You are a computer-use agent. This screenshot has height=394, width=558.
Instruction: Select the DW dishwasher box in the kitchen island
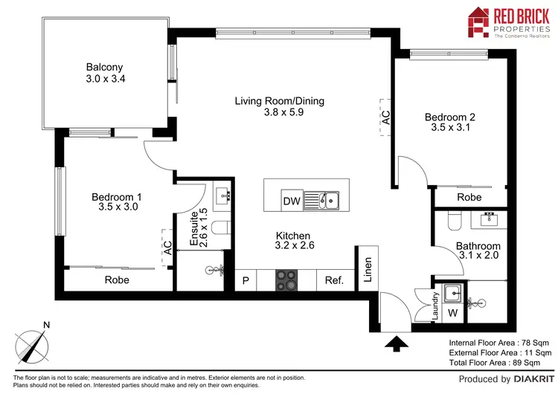tap(290, 201)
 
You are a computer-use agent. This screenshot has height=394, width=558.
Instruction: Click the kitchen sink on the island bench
tap(328, 200)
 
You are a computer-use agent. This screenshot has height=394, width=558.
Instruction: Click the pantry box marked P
tap(246, 281)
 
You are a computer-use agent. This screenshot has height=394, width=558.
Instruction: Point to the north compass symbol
tap(33, 344)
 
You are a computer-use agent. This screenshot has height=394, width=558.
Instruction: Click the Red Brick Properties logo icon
tap(476, 22)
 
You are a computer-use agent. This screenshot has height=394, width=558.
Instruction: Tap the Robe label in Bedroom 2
tap(469, 198)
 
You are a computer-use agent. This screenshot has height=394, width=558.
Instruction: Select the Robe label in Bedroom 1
tap(117, 280)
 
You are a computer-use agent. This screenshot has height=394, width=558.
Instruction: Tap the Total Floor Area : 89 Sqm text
tap(500, 363)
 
